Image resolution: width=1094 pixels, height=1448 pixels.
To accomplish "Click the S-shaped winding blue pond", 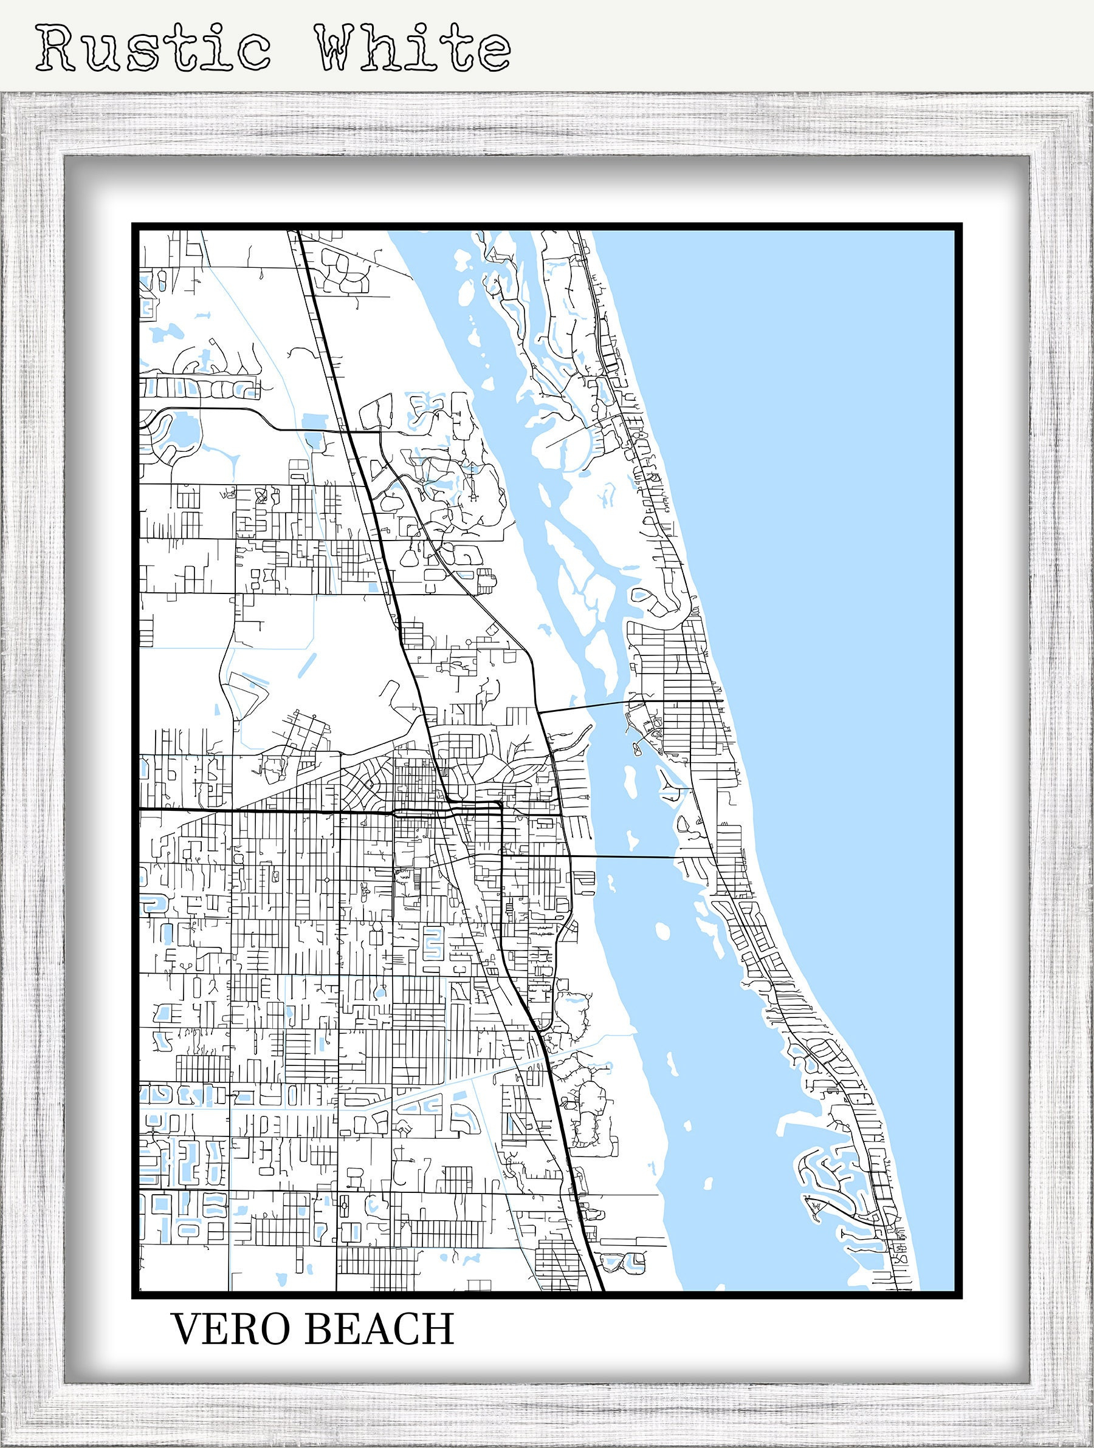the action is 432,943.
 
